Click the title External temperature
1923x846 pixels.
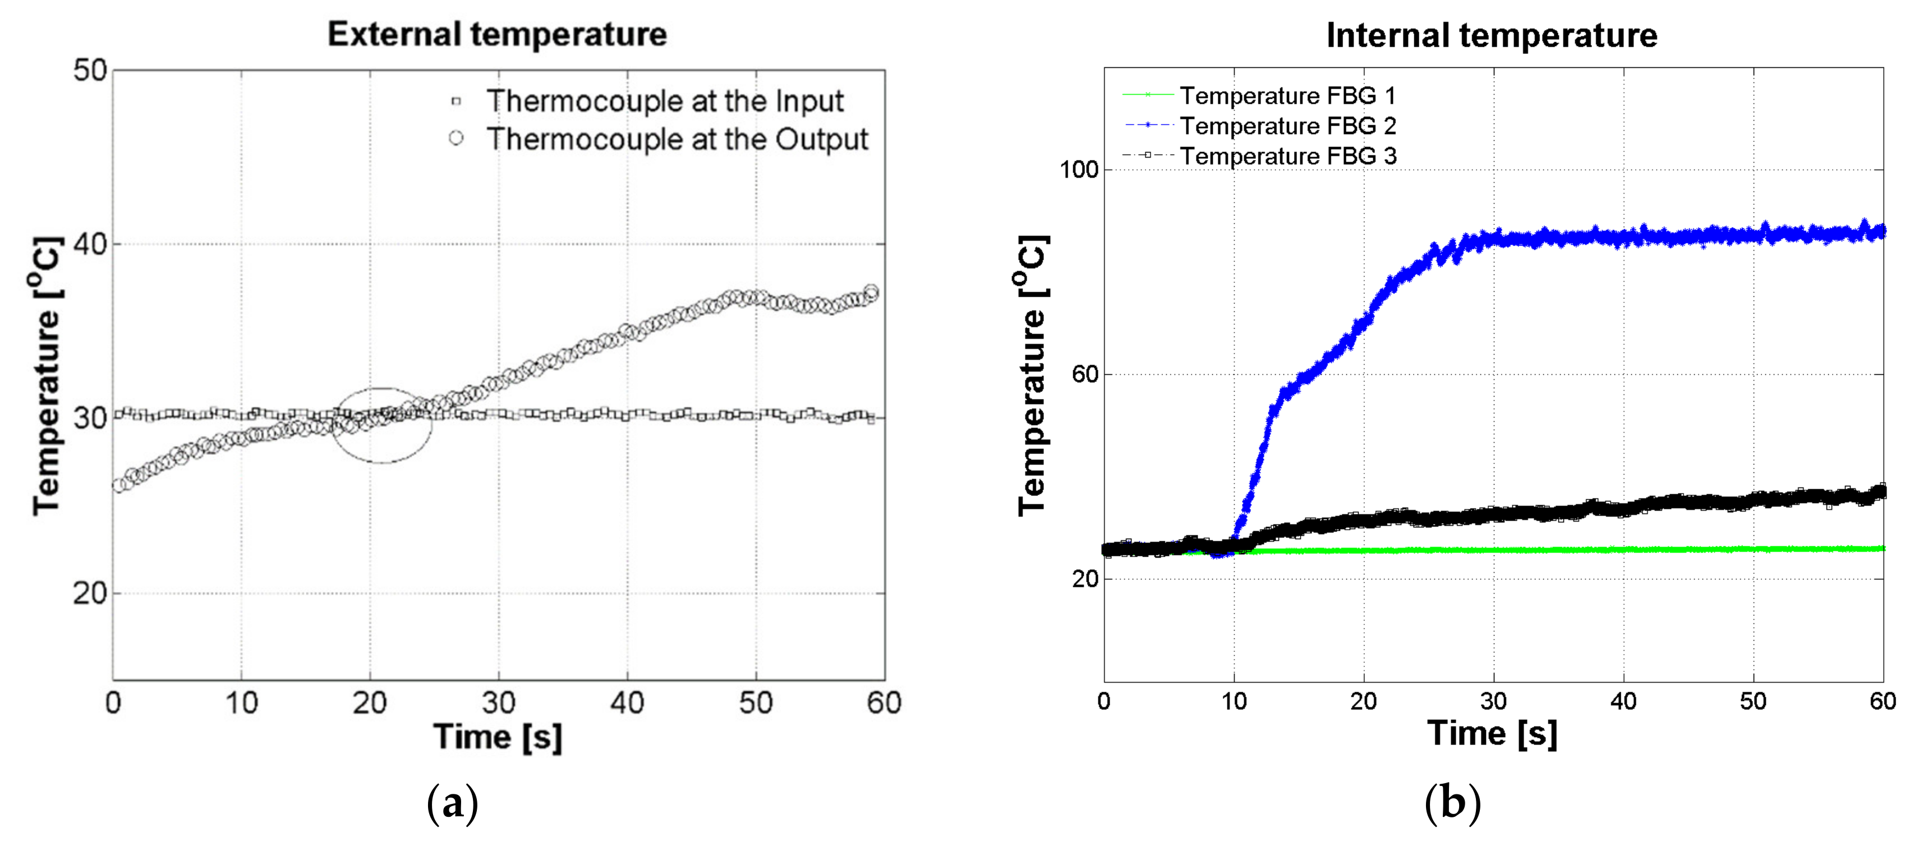pyautogui.click(x=497, y=34)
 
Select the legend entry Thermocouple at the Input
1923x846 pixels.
pyautogui.click(x=664, y=101)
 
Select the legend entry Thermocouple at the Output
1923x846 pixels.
pyautogui.click(x=677, y=139)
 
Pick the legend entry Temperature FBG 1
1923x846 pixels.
pyautogui.click(x=1287, y=95)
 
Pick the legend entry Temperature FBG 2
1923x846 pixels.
pyautogui.click(x=1287, y=126)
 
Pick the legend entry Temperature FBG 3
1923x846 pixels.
pyautogui.click(x=1287, y=156)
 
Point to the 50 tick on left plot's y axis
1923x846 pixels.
pyautogui.click(x=90, y=71)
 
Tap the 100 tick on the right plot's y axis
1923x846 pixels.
pyautogui.click(x=1079, y=169)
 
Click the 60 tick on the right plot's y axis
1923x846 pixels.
pyautogui.click(x=1085, y=374)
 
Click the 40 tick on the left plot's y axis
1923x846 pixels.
pyautogui.click(x=90, y=244)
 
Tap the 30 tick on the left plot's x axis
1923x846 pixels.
pyautogui.click(x=498, y=702)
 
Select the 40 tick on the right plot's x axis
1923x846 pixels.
pyautogui.click(x=1623, y=701)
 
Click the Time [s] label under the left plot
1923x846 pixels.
pyautogui.click(x=497, y=737)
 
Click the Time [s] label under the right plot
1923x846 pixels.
pyautogui.click(x=1492, y=733)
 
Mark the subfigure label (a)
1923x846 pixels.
pyautogui.click(x=452, y=803)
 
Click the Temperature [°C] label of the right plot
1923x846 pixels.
pyautogui.click(x=1034, y=375)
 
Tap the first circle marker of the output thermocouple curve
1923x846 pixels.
pyautogui.click(x=118, y=485)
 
